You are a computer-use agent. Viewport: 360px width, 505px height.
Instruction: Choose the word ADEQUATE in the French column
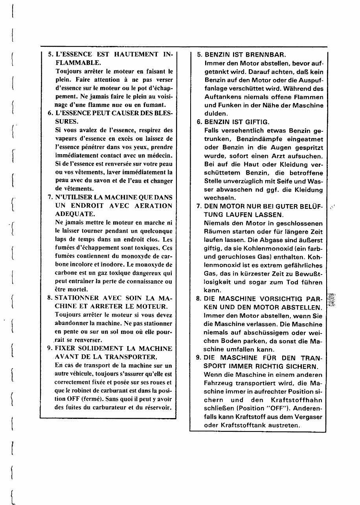(x=75, y=214)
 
